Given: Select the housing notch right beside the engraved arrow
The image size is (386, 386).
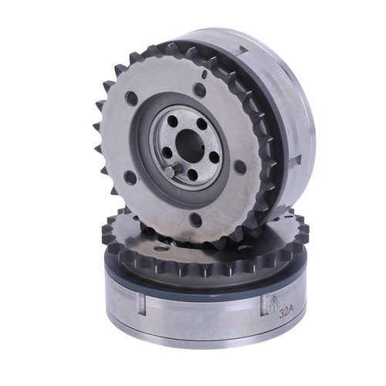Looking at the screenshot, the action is pyautogui.click(x=265, y=305).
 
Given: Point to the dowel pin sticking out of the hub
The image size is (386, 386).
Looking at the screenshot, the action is pyautogui.click(x=171, y=171).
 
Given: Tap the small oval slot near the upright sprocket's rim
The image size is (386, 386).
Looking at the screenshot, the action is pyautogui.click(x=204, y=74).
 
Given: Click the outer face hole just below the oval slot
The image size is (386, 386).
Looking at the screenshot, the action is pyautogui.click(x=199, y=90).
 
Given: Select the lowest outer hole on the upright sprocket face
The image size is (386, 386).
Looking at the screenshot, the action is pyautogui.click(x=195, y=219).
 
